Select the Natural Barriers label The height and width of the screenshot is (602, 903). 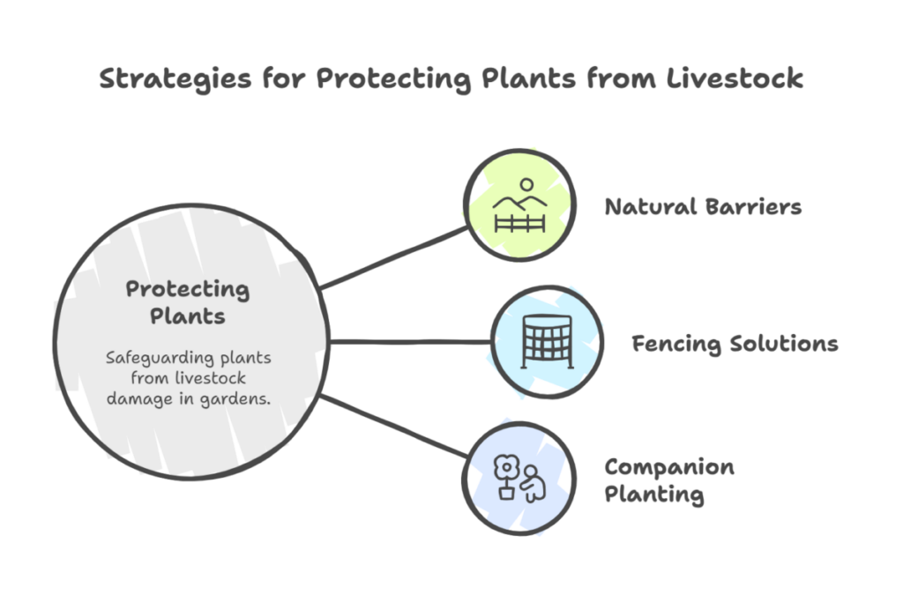point(703,207)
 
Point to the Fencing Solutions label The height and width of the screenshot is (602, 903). point(735,343)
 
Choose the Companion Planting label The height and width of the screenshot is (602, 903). point(668,480)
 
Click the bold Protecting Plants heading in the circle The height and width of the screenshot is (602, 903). point(187,301)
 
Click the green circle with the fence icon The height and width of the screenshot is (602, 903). point(519,205)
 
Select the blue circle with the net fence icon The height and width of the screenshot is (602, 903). point(547,342)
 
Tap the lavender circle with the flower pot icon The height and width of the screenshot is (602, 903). point(519,479)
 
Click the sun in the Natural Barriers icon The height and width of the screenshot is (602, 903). point(526,185)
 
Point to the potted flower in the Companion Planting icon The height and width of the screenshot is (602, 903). point(507,476)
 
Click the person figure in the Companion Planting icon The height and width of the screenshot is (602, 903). point(532,483)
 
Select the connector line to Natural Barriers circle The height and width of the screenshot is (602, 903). point(394,256)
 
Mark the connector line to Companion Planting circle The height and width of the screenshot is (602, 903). point(394,427)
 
